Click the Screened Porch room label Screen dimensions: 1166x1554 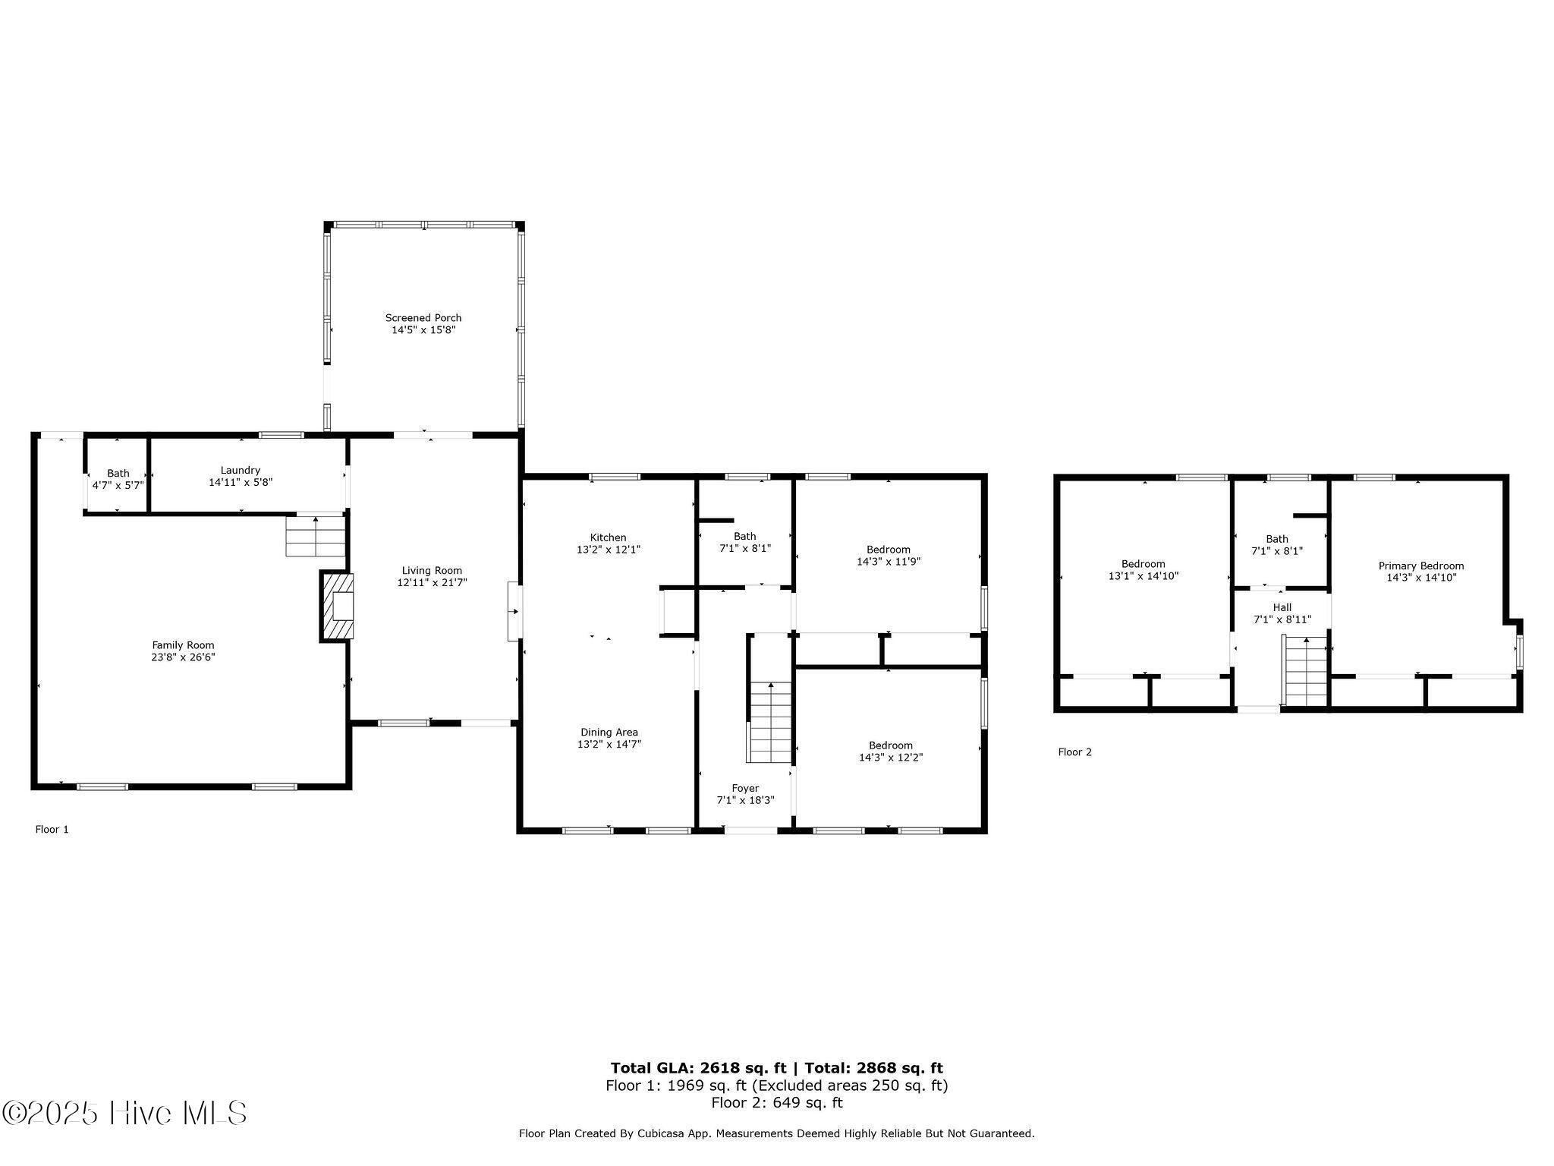point(423,318)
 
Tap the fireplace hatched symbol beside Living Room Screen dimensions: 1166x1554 point(337,607)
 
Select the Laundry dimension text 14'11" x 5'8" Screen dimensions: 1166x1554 point(241,482)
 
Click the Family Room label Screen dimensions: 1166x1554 point(183,645)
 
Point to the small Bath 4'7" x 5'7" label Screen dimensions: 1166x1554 point(118,473)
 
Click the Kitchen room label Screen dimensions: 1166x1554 point(608,537)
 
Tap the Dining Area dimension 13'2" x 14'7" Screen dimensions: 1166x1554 point(609,745)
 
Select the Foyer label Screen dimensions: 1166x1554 point(745,788)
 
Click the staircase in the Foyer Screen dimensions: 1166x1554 point(771,721)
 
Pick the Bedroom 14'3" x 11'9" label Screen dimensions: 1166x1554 point(888,550)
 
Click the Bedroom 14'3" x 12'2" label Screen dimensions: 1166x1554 point(890,745)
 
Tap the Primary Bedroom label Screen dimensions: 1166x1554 point(1420,566)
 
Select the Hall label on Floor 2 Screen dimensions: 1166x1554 point(1282,607)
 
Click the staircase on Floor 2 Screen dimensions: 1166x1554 point(1305,672)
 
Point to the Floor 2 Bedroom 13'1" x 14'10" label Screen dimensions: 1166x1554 point(1143,564)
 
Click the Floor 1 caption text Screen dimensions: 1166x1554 point(52,830)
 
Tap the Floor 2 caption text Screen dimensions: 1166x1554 point(1074,752)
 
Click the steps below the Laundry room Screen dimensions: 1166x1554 point(315,536)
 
